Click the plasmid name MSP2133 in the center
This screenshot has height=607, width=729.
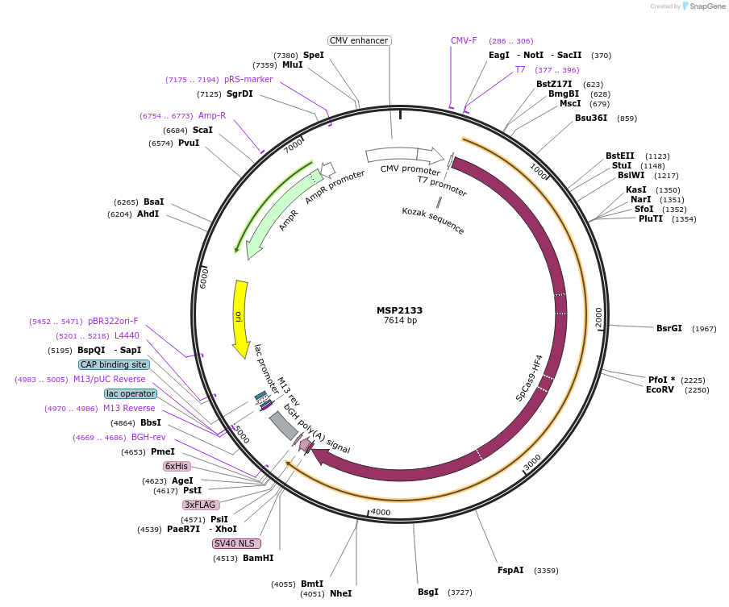[399, 310]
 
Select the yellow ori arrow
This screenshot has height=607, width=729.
[240, 318]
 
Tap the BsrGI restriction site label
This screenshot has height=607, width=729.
[669, 328]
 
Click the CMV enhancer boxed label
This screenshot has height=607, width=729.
[360, 40]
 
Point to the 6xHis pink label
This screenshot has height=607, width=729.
[177, 466]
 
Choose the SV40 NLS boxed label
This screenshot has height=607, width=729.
[234, 543]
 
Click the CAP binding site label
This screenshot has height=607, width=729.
[113, 364]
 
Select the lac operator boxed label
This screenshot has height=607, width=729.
[130, 393]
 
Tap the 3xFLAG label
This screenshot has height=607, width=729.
[201, 505]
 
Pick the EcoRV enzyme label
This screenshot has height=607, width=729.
[660, 389]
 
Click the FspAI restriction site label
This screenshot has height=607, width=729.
[510, 570]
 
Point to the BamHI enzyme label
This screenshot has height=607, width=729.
[258, 558]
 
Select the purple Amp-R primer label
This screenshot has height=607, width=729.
[212, 115]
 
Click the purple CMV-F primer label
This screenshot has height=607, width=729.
[464, 40]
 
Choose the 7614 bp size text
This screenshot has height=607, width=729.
[400, 321]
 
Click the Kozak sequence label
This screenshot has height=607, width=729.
[433, 221]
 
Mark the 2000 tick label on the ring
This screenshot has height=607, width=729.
[598, 318]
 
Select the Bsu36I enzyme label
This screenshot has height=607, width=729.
[591, 118]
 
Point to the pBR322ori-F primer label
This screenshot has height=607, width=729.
[113, 321]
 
